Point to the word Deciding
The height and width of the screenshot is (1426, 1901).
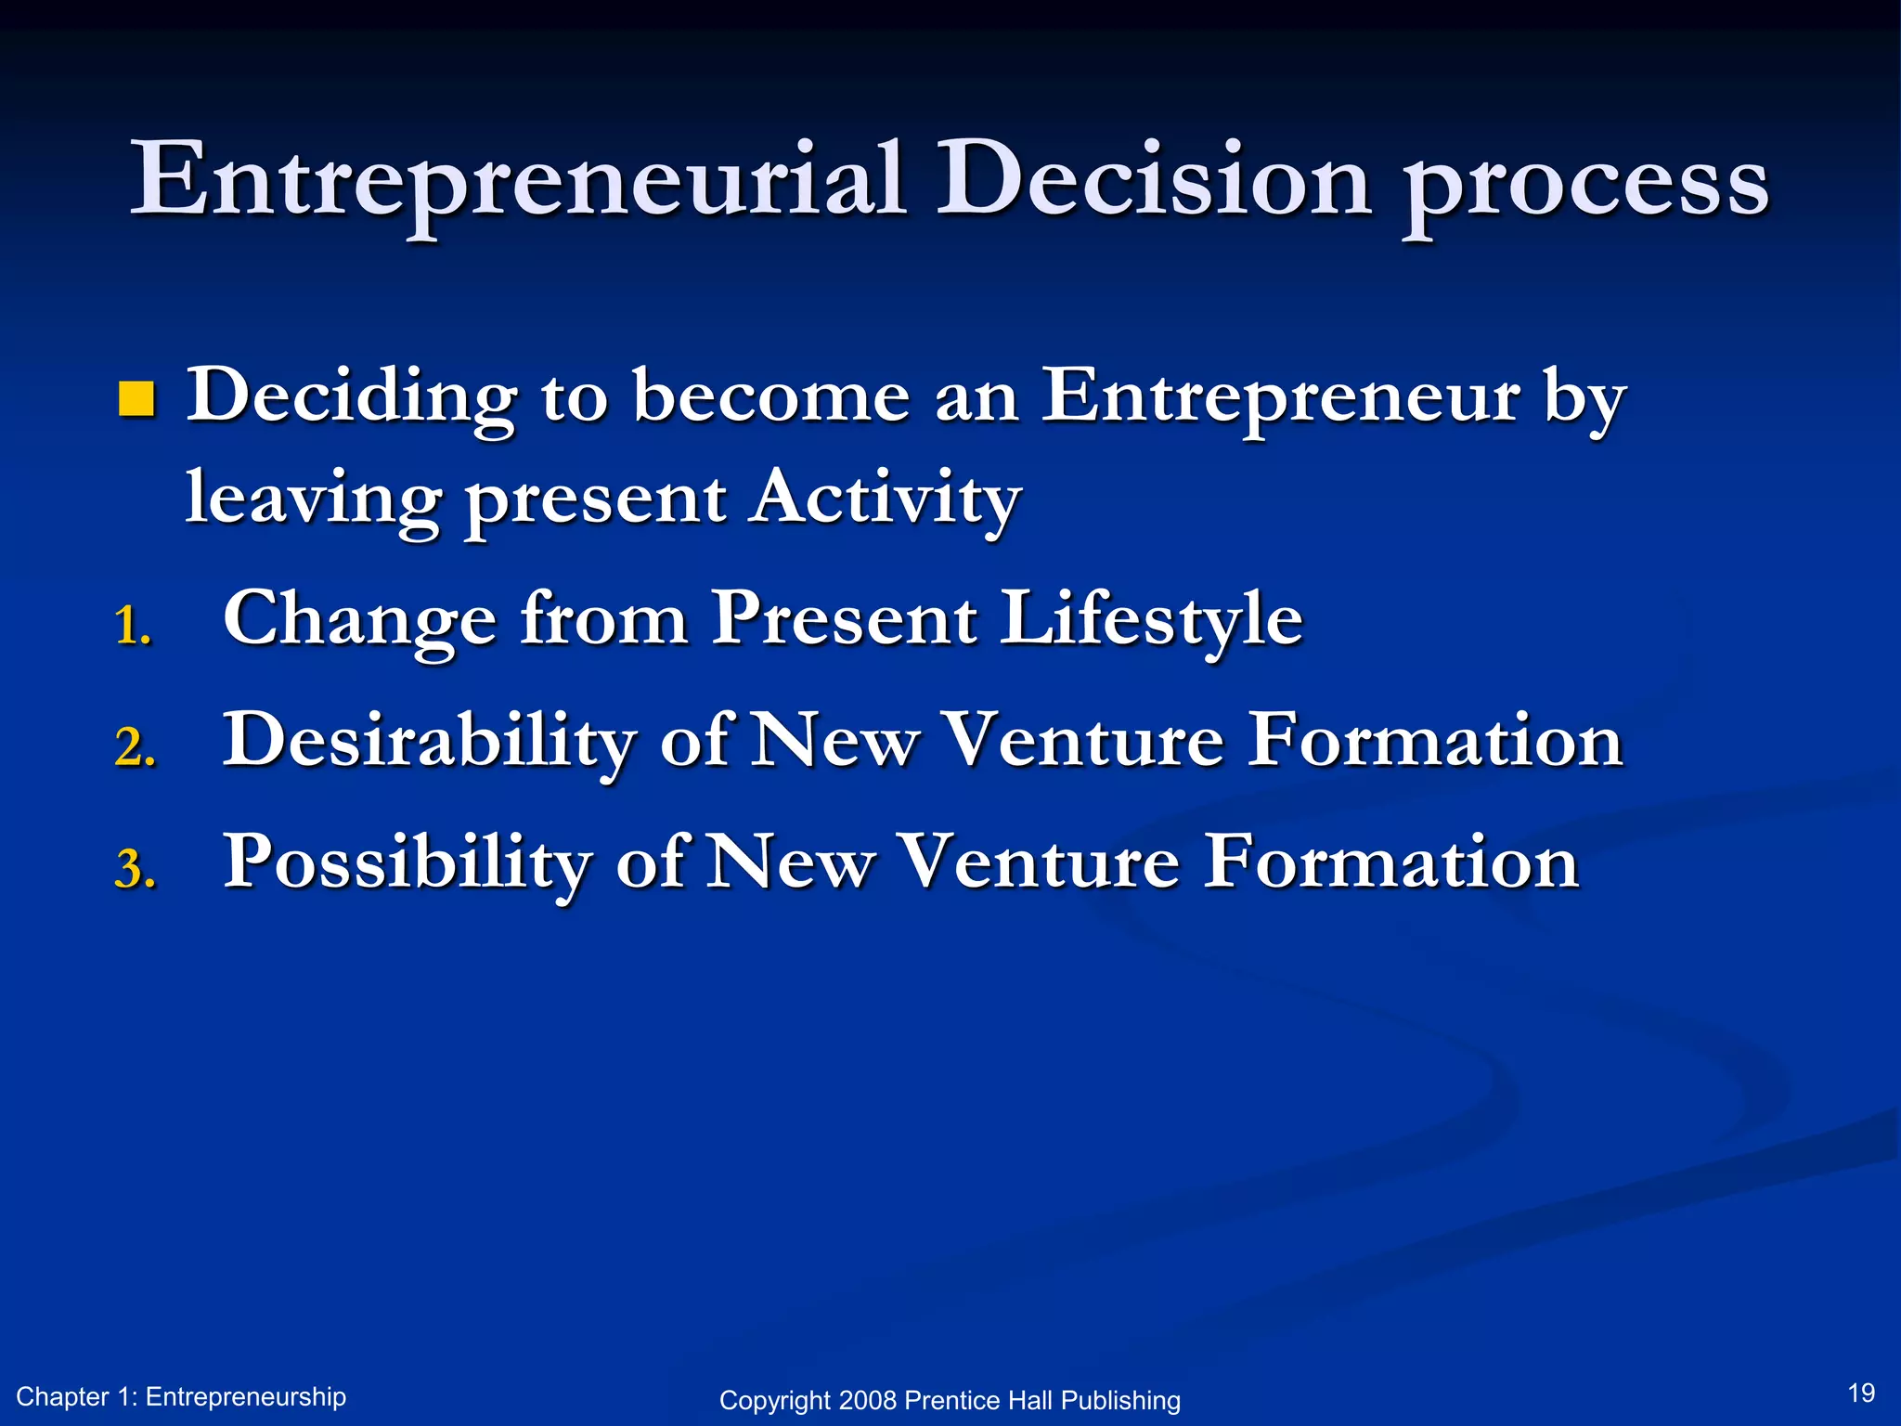[352, 397]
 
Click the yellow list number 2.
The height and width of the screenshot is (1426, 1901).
[135, 746]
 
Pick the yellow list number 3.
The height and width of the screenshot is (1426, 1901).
[135, 870]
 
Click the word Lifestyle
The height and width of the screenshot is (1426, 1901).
[1151, 619]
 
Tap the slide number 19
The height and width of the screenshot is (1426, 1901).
[1861, 1393]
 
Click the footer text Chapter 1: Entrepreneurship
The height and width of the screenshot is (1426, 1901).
[181, 1396]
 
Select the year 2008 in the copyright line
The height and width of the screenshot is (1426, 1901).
[867, 1400]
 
